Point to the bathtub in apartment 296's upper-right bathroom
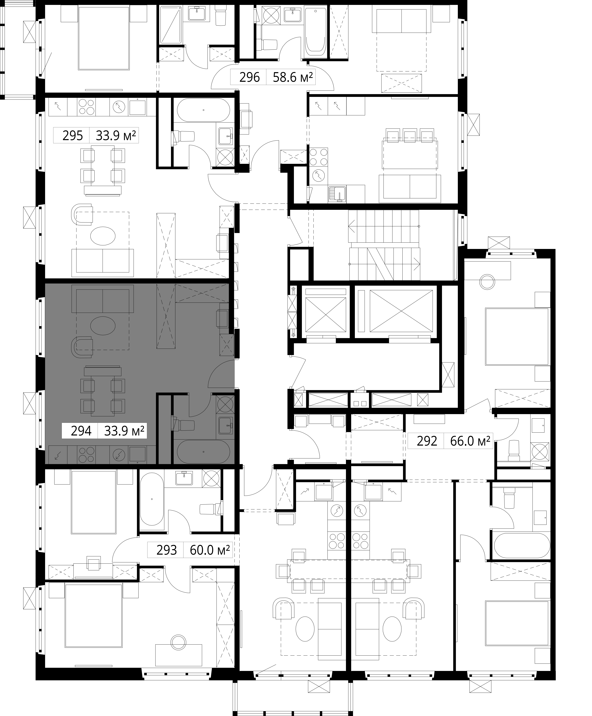click(x=315, y=32)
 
